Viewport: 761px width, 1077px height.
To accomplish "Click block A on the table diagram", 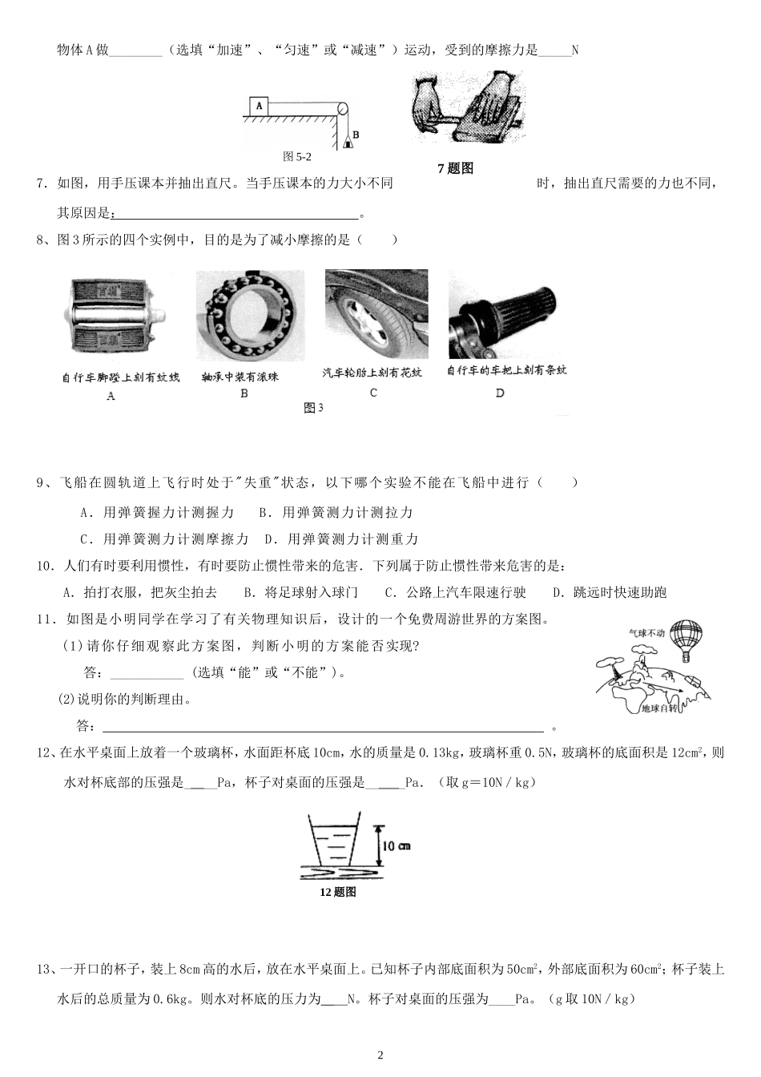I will coord(258,105).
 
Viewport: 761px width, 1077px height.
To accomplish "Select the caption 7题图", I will coord(456,168).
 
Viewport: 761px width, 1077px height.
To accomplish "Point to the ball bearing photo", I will coord(250,315).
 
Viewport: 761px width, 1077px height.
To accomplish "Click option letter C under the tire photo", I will coord(373,393).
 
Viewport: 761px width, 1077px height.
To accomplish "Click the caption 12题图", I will coord(336,892).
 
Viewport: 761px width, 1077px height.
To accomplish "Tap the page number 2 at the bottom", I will coord(380,1055).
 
